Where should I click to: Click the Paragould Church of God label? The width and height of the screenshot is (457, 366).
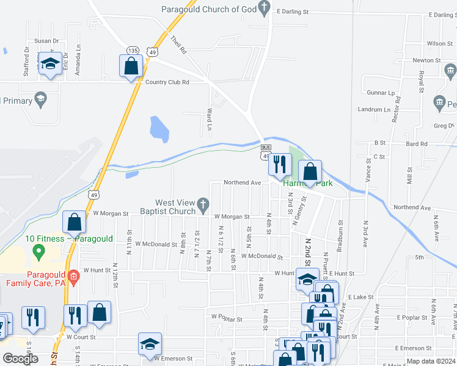(209, 9)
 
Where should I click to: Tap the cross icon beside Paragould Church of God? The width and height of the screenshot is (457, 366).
(265, 9)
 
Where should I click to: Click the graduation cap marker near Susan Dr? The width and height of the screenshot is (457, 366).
(50, 64)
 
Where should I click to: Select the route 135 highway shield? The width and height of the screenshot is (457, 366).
(133, 50)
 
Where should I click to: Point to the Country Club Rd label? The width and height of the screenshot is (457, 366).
(167, 82)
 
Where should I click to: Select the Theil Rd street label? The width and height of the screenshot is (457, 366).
(178, 45)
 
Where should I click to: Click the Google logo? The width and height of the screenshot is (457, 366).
(20, 358)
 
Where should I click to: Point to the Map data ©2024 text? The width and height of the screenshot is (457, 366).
(431, 361)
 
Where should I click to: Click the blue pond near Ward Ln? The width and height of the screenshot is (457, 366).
(159, 129)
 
